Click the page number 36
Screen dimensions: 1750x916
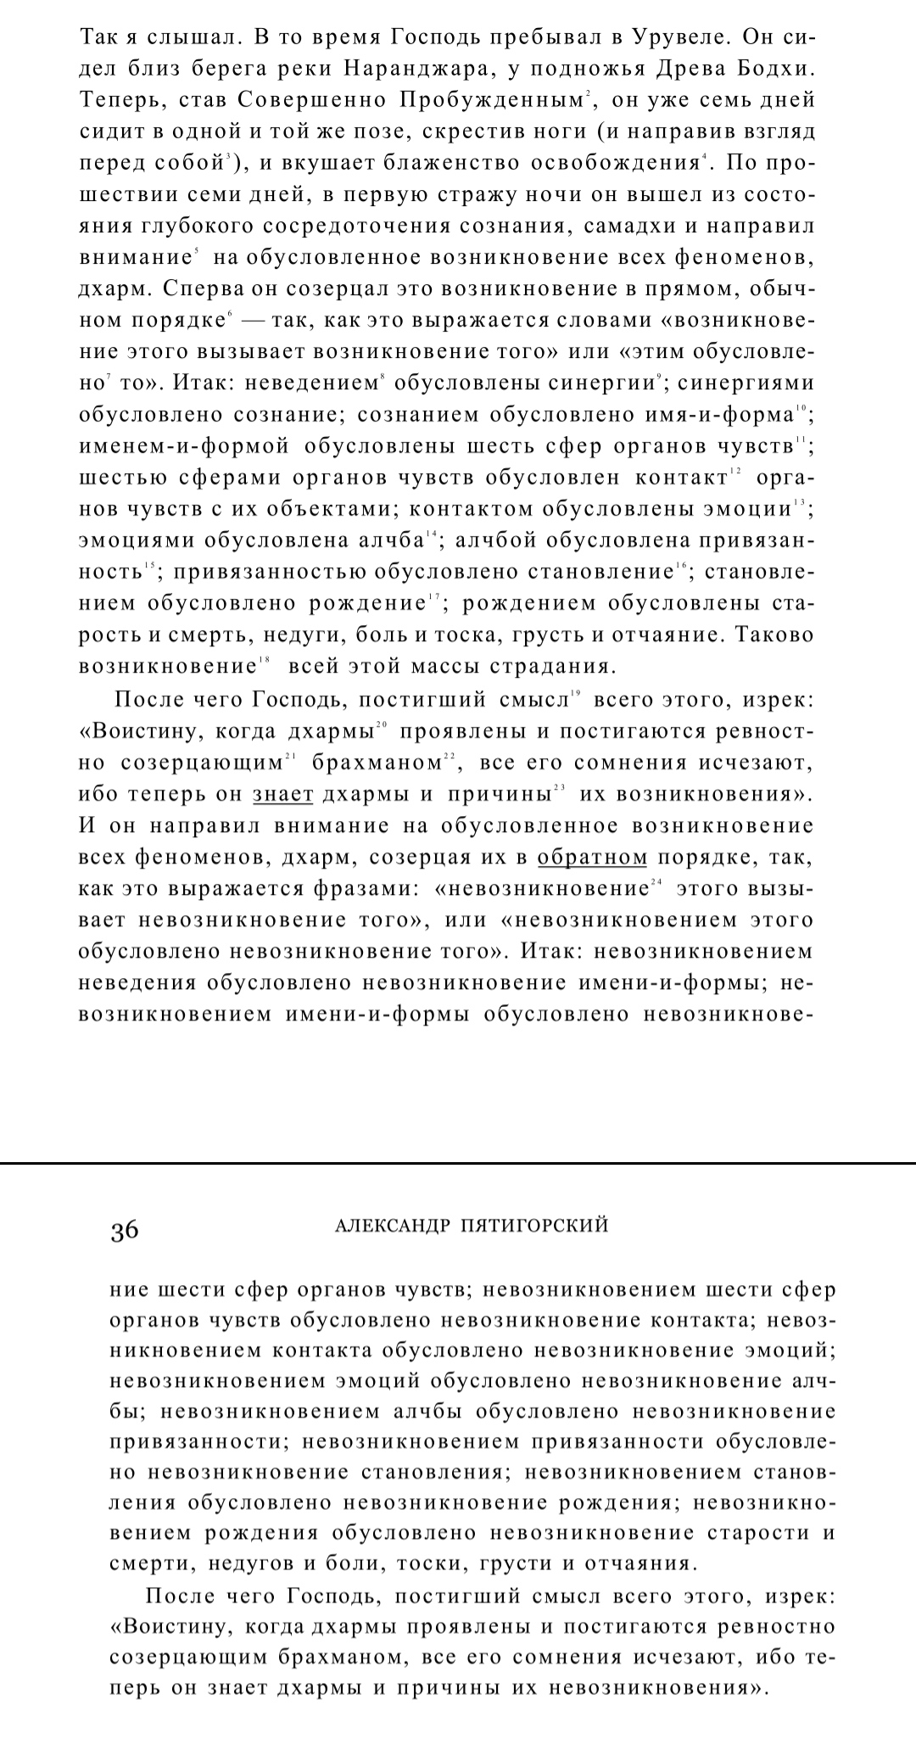pos(124,1231)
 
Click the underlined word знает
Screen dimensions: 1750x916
pos(283,795)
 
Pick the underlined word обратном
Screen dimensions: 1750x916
pos(592,858)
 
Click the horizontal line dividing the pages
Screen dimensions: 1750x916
pos(458,1162)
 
